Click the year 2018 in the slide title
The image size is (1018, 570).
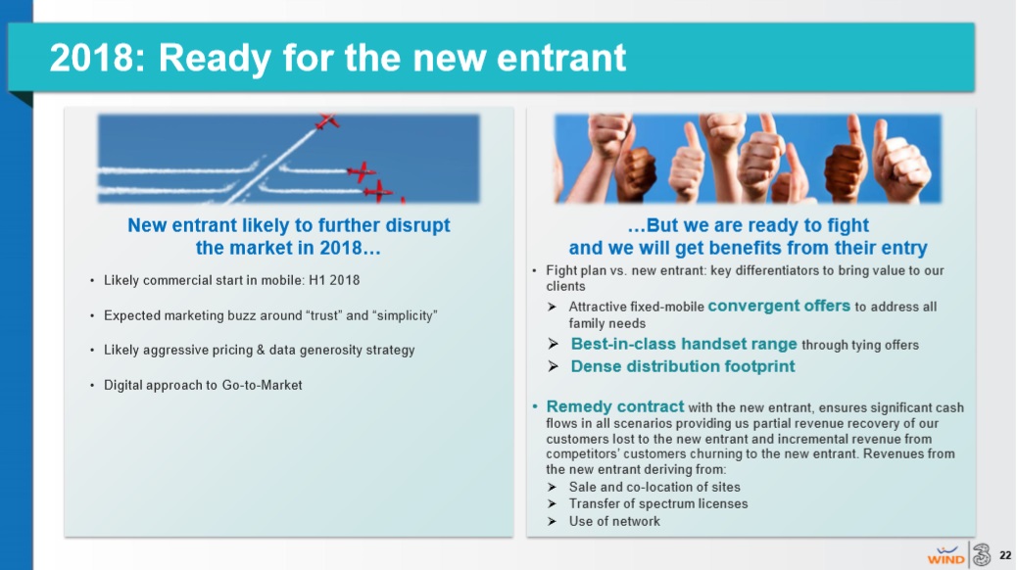pyautogui.click(x=90, y=58)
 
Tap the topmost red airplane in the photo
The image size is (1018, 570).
pyautogui.click(x=326, y=120)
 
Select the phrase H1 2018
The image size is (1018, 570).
pyautogui.click(x=334, y=280)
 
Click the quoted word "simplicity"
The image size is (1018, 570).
pyautogui.click(x=405, y=316)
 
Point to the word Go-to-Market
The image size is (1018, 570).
pyautogui.click(x=263, y=385)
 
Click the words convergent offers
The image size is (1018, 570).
pyautogui.click(x=779, y=306)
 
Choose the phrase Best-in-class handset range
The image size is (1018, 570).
pyautogui.click(x=684, y=344)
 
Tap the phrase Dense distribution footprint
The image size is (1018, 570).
pyautogui.click(x=683, y=366)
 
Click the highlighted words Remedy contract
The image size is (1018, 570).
pyautogui.click(x=615, y=407)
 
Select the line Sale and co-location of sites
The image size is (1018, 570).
pyautogui.click(x=654, y=487)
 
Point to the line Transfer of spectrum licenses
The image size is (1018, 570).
pyautogui.click(x=658, y=503)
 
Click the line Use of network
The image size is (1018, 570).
pyautogui.click(x=614, y=521)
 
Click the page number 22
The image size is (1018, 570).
pyautogui.click(x=1005, y=555)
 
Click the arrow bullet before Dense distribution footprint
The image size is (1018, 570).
pyautogui.click(x=553, y=366)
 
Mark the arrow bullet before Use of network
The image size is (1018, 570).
pyautogui.click(x=552, y=521)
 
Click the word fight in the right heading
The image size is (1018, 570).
pyautogui.click(x=848, y=226)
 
